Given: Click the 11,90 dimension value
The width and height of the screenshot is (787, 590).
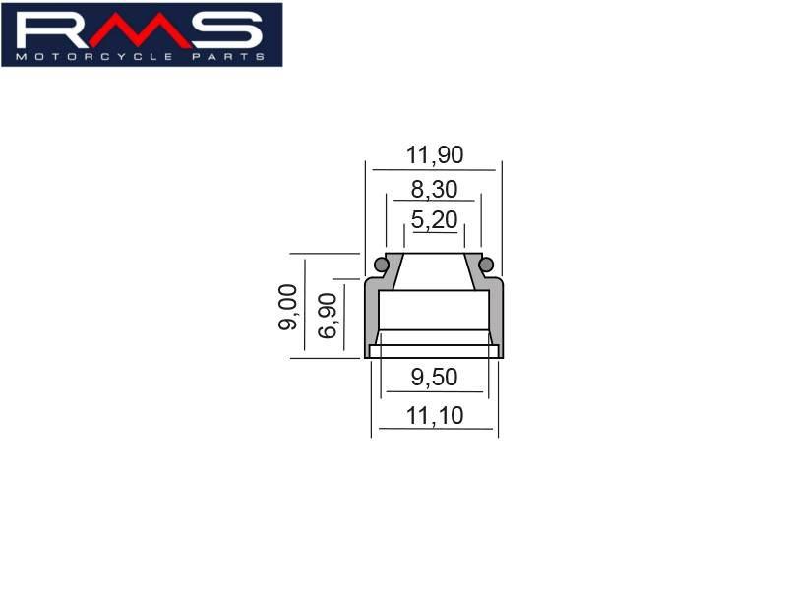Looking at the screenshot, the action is [435, 155].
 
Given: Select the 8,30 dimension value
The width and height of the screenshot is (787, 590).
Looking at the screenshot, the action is [434, 189].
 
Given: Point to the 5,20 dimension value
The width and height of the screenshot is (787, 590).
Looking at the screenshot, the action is [434, 219].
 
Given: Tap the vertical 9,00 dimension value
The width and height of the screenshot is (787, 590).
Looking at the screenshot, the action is [288, 307].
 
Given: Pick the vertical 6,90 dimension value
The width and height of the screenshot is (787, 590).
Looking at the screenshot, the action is [328, 316].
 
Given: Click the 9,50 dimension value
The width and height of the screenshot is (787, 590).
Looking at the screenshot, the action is [434, 378].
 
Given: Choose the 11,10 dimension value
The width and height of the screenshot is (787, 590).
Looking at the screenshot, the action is [435, 416].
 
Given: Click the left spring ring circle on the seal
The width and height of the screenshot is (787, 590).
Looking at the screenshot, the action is [381, 264].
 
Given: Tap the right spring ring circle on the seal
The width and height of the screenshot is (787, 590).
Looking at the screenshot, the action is [486, 264].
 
